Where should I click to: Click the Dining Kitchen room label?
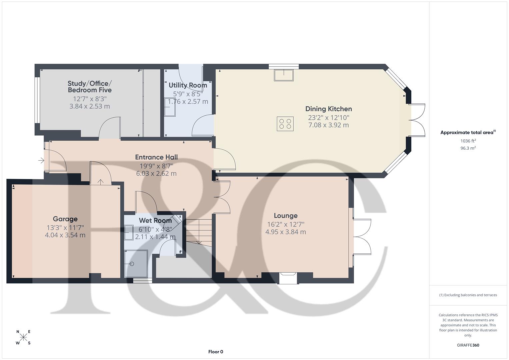pos(328,109)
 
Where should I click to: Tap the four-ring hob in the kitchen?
pos(285,124)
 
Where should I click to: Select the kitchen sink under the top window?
pos(284,75)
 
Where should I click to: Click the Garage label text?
pos(65,219)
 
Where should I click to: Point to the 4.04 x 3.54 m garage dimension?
pos(65,235)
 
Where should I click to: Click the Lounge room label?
pos(285,216)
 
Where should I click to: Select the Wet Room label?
pos(155,220)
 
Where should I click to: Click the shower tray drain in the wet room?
pos(132,264)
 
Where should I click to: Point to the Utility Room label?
pos(188,85)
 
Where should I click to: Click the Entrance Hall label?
pos(156,157)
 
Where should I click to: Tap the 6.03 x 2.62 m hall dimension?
pos(156,173)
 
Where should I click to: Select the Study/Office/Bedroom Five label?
pos(89,87)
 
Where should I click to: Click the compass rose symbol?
pos(23,337)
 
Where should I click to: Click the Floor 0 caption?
pos(215,352)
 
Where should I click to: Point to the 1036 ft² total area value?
pos(468,141)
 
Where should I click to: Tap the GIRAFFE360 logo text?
pos(468,345)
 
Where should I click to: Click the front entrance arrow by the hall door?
pos(41,161)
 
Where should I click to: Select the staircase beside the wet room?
pos(198,232)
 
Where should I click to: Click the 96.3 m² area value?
pos(468,148)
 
